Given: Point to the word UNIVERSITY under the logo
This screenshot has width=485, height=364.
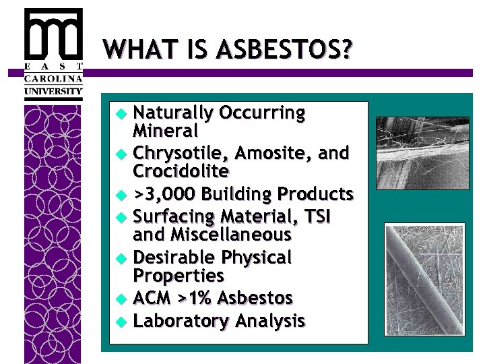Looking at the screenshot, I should tap(53, 91).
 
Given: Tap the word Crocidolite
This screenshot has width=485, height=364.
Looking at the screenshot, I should tap(181, 171).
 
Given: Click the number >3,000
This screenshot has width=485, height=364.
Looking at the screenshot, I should tap(164, 195).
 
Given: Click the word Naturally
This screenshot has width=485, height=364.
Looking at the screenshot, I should tap(172, 113).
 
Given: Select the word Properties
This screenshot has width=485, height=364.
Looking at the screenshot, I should tap(179, 275).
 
